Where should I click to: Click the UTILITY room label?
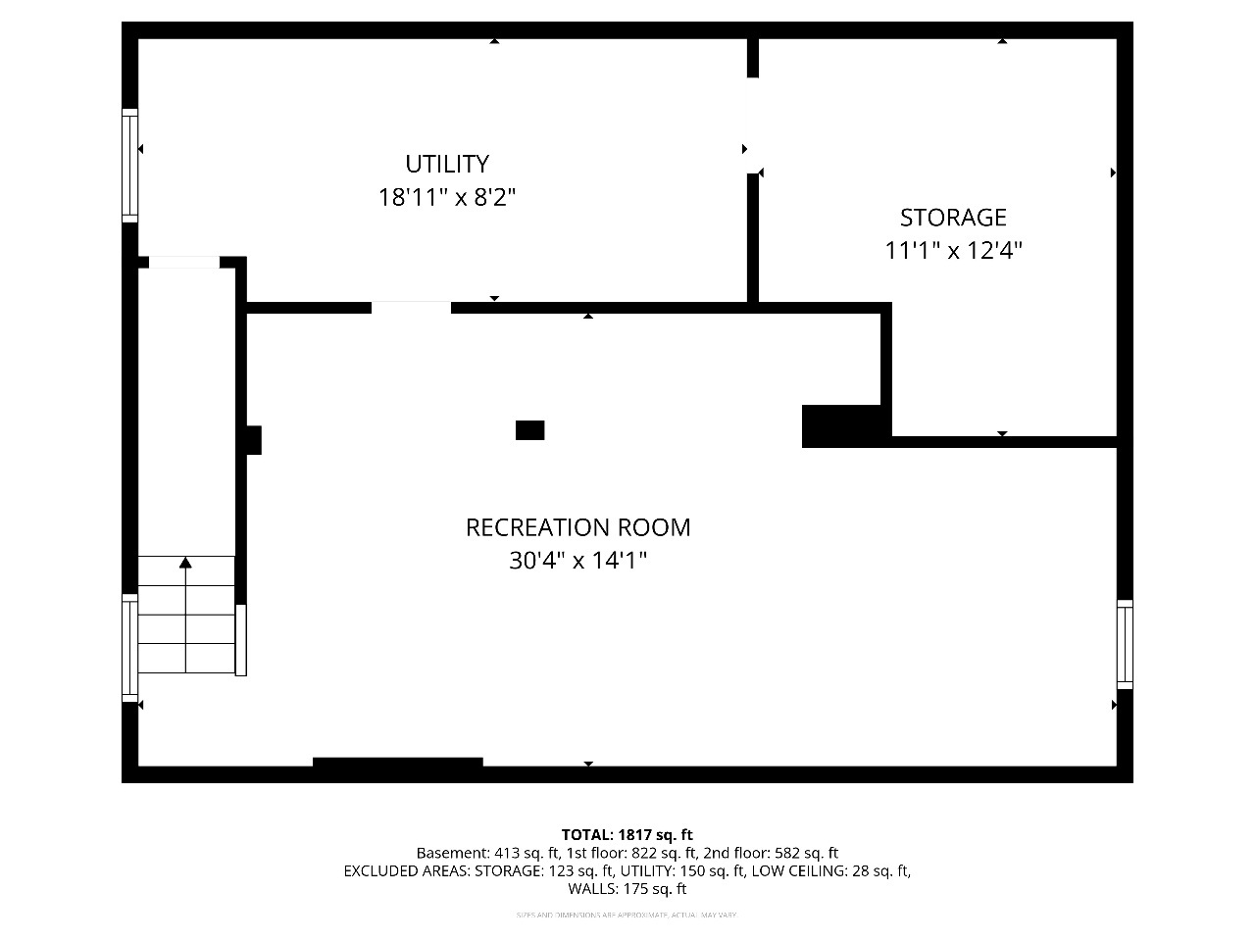447,164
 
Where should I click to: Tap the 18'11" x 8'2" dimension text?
447,197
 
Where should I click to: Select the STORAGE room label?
953,217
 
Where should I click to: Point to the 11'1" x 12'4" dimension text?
953,251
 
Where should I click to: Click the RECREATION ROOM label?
577,527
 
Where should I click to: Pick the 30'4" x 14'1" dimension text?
577,561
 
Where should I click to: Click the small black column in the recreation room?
529,430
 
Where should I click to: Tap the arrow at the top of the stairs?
185,563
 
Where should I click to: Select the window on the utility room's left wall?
129,165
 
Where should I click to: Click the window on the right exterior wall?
1125,644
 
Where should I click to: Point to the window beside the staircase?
129,648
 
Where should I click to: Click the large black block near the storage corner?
844,426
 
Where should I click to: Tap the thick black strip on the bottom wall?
398,763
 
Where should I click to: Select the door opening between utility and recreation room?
411,308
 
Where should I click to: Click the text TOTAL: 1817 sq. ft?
627,835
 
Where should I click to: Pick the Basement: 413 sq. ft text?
487,853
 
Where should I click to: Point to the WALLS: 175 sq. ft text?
627,889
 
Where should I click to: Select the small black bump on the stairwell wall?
254,440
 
